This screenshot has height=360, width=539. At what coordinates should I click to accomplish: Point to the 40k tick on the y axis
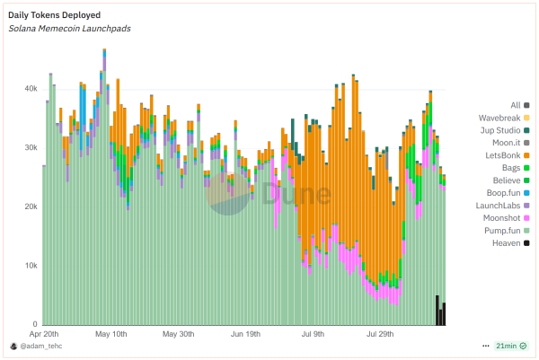point(30,89)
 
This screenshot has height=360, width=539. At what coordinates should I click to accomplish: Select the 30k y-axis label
point(30,147)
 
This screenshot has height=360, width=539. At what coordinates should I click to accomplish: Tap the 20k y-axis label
point(30,206)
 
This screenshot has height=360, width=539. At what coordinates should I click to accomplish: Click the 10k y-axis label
point(30,266)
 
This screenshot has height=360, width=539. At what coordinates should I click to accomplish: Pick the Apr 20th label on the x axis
point(43,334)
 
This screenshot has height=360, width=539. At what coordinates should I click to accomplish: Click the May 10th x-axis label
point(112,334)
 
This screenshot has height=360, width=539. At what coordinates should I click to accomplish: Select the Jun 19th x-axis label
point(245,334)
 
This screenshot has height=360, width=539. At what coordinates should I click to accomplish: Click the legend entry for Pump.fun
point(499,231)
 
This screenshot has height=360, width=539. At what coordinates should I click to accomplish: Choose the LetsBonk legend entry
point(499,155)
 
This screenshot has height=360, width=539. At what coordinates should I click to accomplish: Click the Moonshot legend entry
point(499,218)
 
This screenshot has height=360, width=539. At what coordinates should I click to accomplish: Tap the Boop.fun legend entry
point(499,193)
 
